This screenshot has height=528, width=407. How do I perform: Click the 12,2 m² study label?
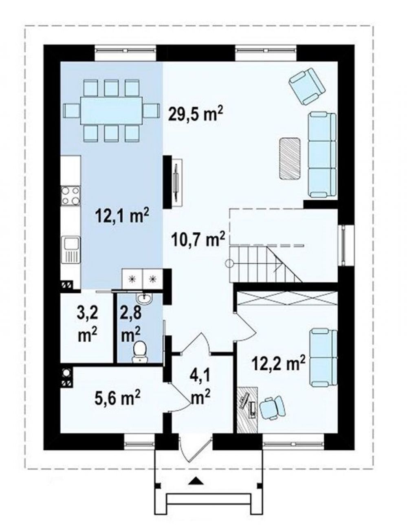(278, 365)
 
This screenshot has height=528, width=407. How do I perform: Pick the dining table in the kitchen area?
(111, 111)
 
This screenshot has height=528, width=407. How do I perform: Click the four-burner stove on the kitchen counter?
(70, 196)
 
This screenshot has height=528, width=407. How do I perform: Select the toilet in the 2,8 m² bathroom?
(140, 352)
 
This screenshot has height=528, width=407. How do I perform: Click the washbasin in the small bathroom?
(145, 299)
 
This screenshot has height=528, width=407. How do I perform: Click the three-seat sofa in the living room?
(322, 154)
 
